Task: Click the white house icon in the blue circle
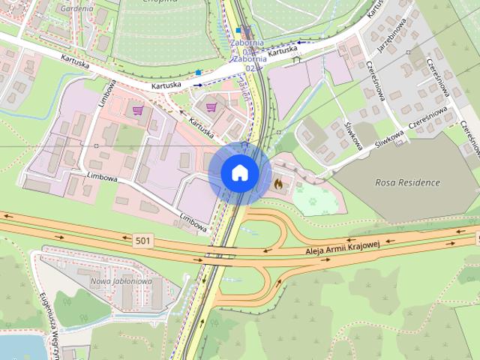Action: (239, 173)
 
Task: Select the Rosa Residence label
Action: (407, 182)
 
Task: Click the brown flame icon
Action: (278, 182)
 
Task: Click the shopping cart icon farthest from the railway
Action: (137, 111)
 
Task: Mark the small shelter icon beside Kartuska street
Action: (297, 58)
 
